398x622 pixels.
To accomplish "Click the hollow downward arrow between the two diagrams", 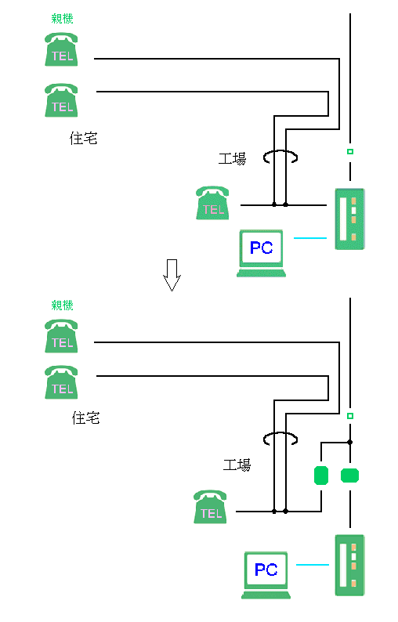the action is click(x=172, y=275).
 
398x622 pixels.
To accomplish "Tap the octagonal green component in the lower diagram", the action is click(x=321, y=476).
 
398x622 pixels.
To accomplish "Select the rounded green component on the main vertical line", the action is click(x=349, y=476).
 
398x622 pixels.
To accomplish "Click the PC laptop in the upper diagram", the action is click(x=261, y=253).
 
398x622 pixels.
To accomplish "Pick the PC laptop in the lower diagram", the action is click(x=266, y=575).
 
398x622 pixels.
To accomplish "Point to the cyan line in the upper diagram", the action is click(x=310, y=238).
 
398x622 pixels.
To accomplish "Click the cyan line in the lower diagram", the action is click(x=313, y=565).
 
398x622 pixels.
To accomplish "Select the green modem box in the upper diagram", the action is click(x=349, y=219).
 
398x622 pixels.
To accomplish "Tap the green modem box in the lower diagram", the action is click(x=349, y=566).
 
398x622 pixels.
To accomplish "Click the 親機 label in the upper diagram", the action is click(x=63, y=18).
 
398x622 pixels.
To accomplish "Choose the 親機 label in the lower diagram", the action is click(x=63, y=305).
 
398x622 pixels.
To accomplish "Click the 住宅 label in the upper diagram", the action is click(x=83, y=139).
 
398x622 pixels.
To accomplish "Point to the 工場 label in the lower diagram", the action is click(x=237, y=465).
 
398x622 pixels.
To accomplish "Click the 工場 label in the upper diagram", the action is click(x=232, y=159).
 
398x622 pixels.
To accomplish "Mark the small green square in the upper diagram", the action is click(x=350, y=151).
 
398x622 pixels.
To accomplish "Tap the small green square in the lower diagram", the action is click(x=350, y=416).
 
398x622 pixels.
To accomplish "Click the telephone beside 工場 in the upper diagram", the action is click(x=212, y=203).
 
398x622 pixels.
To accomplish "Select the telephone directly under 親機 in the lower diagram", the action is click(x=61, y=336).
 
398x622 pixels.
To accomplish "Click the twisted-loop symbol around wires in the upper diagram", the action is click(x=280, y=157).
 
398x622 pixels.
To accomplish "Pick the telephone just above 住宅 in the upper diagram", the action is click(x=61, y=100).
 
